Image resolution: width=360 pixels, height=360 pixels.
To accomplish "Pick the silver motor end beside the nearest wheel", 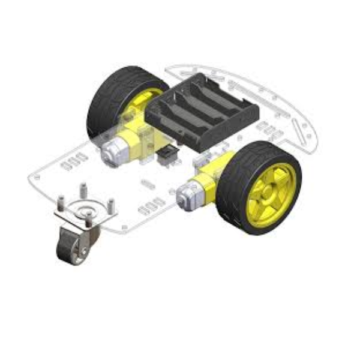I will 187,194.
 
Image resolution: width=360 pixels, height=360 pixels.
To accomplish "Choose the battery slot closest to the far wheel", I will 174,108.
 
